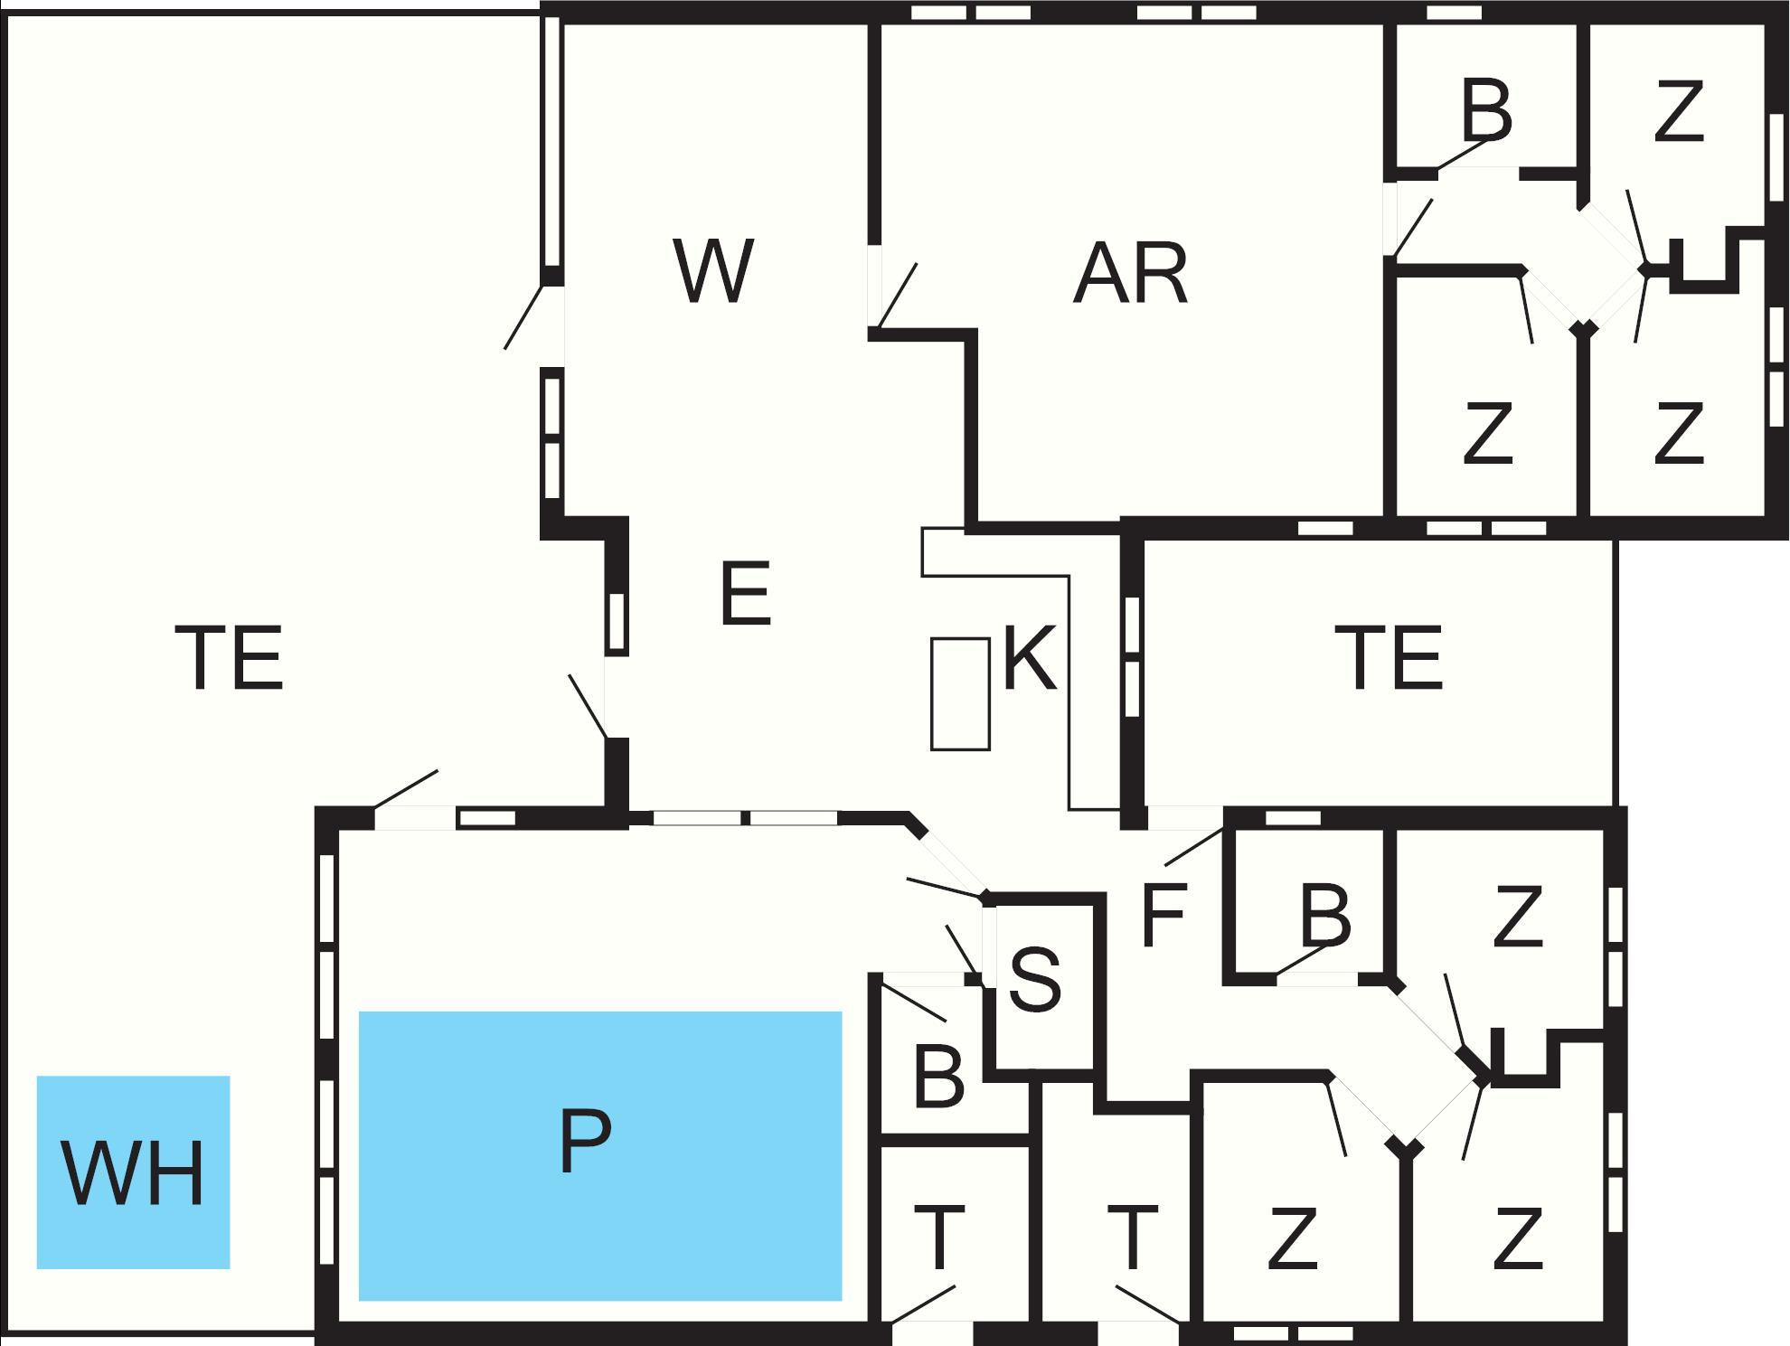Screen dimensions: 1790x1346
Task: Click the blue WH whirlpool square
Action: tap(133, 1172)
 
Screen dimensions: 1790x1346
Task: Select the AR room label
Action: tap(1130, 273)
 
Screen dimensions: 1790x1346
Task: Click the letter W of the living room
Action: tap(713, 271)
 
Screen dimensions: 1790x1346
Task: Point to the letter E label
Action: tap(746, 593)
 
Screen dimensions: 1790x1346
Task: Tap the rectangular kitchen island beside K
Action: tap(960, 693)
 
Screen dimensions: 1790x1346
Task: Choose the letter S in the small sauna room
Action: tap(1035, 980)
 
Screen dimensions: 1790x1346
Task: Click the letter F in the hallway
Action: tap(1163, 915)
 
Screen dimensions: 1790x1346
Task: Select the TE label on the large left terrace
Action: tap(229, 658)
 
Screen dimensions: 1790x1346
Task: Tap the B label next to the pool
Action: tap(939, 1076)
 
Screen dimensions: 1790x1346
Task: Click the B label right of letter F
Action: tap(1325, 915)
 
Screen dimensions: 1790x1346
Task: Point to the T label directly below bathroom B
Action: tap(939, 1238)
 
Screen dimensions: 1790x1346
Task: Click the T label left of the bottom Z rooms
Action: tap(1132, 1238)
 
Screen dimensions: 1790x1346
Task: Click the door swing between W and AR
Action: tap(898, 295)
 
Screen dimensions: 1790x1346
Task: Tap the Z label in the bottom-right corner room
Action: tap(1517, 1238)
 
